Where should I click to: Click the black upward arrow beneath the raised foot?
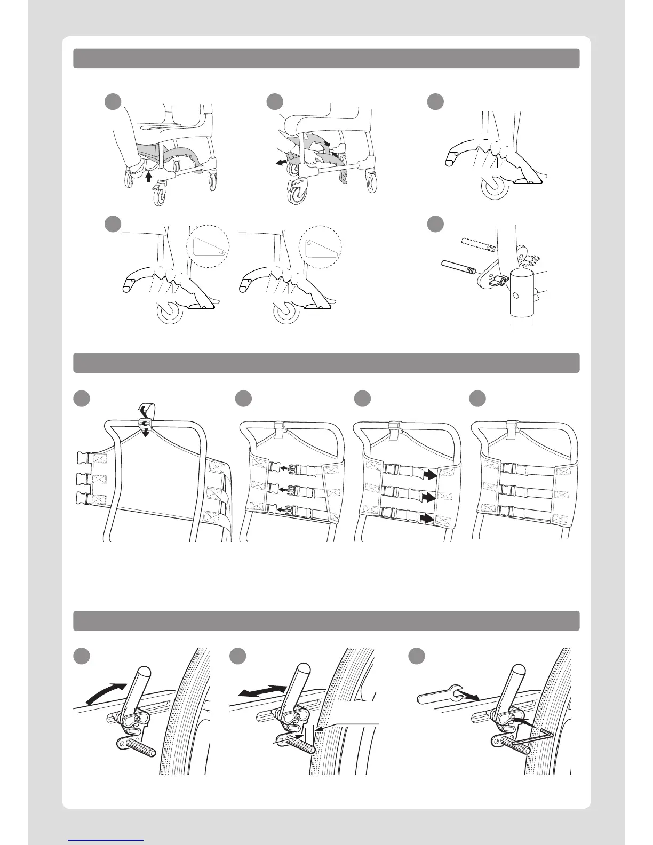pos(149,176)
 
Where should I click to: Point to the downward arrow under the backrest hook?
pos(146,431)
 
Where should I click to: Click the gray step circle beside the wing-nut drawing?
pos(435,224)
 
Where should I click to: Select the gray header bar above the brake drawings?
pos(326,620)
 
